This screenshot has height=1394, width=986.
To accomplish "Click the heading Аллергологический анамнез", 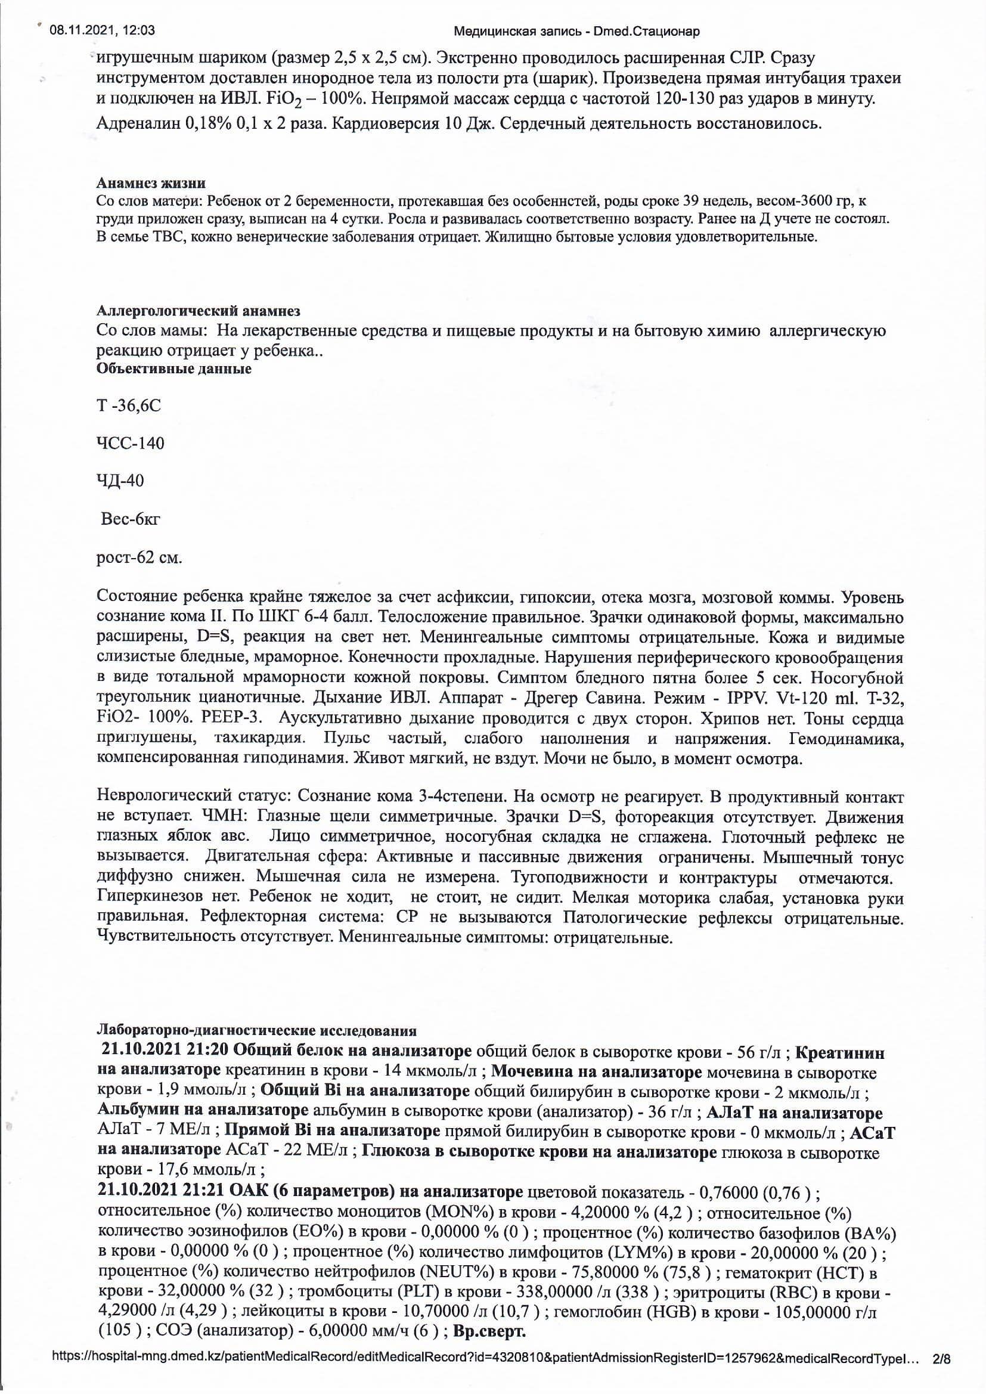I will point(198,311).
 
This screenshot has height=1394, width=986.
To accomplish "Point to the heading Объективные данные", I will point(173,368).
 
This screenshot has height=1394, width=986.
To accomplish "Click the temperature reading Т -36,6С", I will point(129,405).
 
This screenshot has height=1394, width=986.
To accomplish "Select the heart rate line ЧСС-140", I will point(130,443).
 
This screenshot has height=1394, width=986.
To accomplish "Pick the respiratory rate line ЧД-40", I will point(120,481).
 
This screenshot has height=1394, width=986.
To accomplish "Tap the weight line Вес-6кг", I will point(131,519).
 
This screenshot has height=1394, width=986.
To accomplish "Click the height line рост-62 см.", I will point(139,557).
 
